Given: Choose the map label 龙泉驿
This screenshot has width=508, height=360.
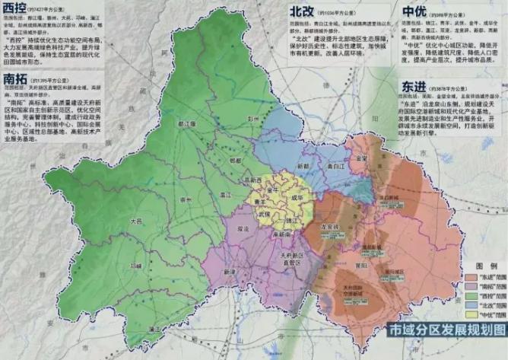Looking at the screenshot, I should (x=329, y=226).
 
